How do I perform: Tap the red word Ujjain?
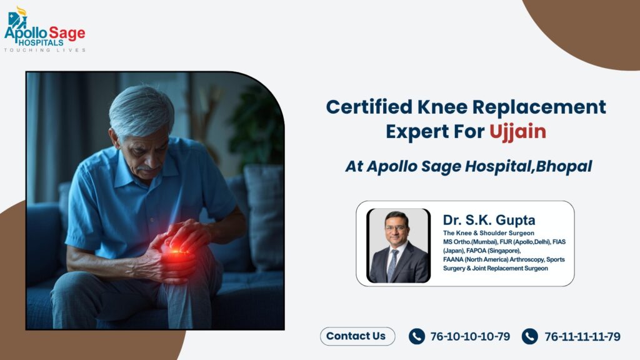[x=518, y=132]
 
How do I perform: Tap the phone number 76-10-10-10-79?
[x=470, y=337]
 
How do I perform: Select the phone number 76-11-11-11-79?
[x=582, y=337]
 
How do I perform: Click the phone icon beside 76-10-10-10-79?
[x=417, y=337]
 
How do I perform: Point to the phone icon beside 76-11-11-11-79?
[x=530, y=337]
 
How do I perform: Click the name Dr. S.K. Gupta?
[x=489, y=220]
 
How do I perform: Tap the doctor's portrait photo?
[x=399, y=245]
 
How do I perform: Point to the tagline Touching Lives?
[x=45, y=50]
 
